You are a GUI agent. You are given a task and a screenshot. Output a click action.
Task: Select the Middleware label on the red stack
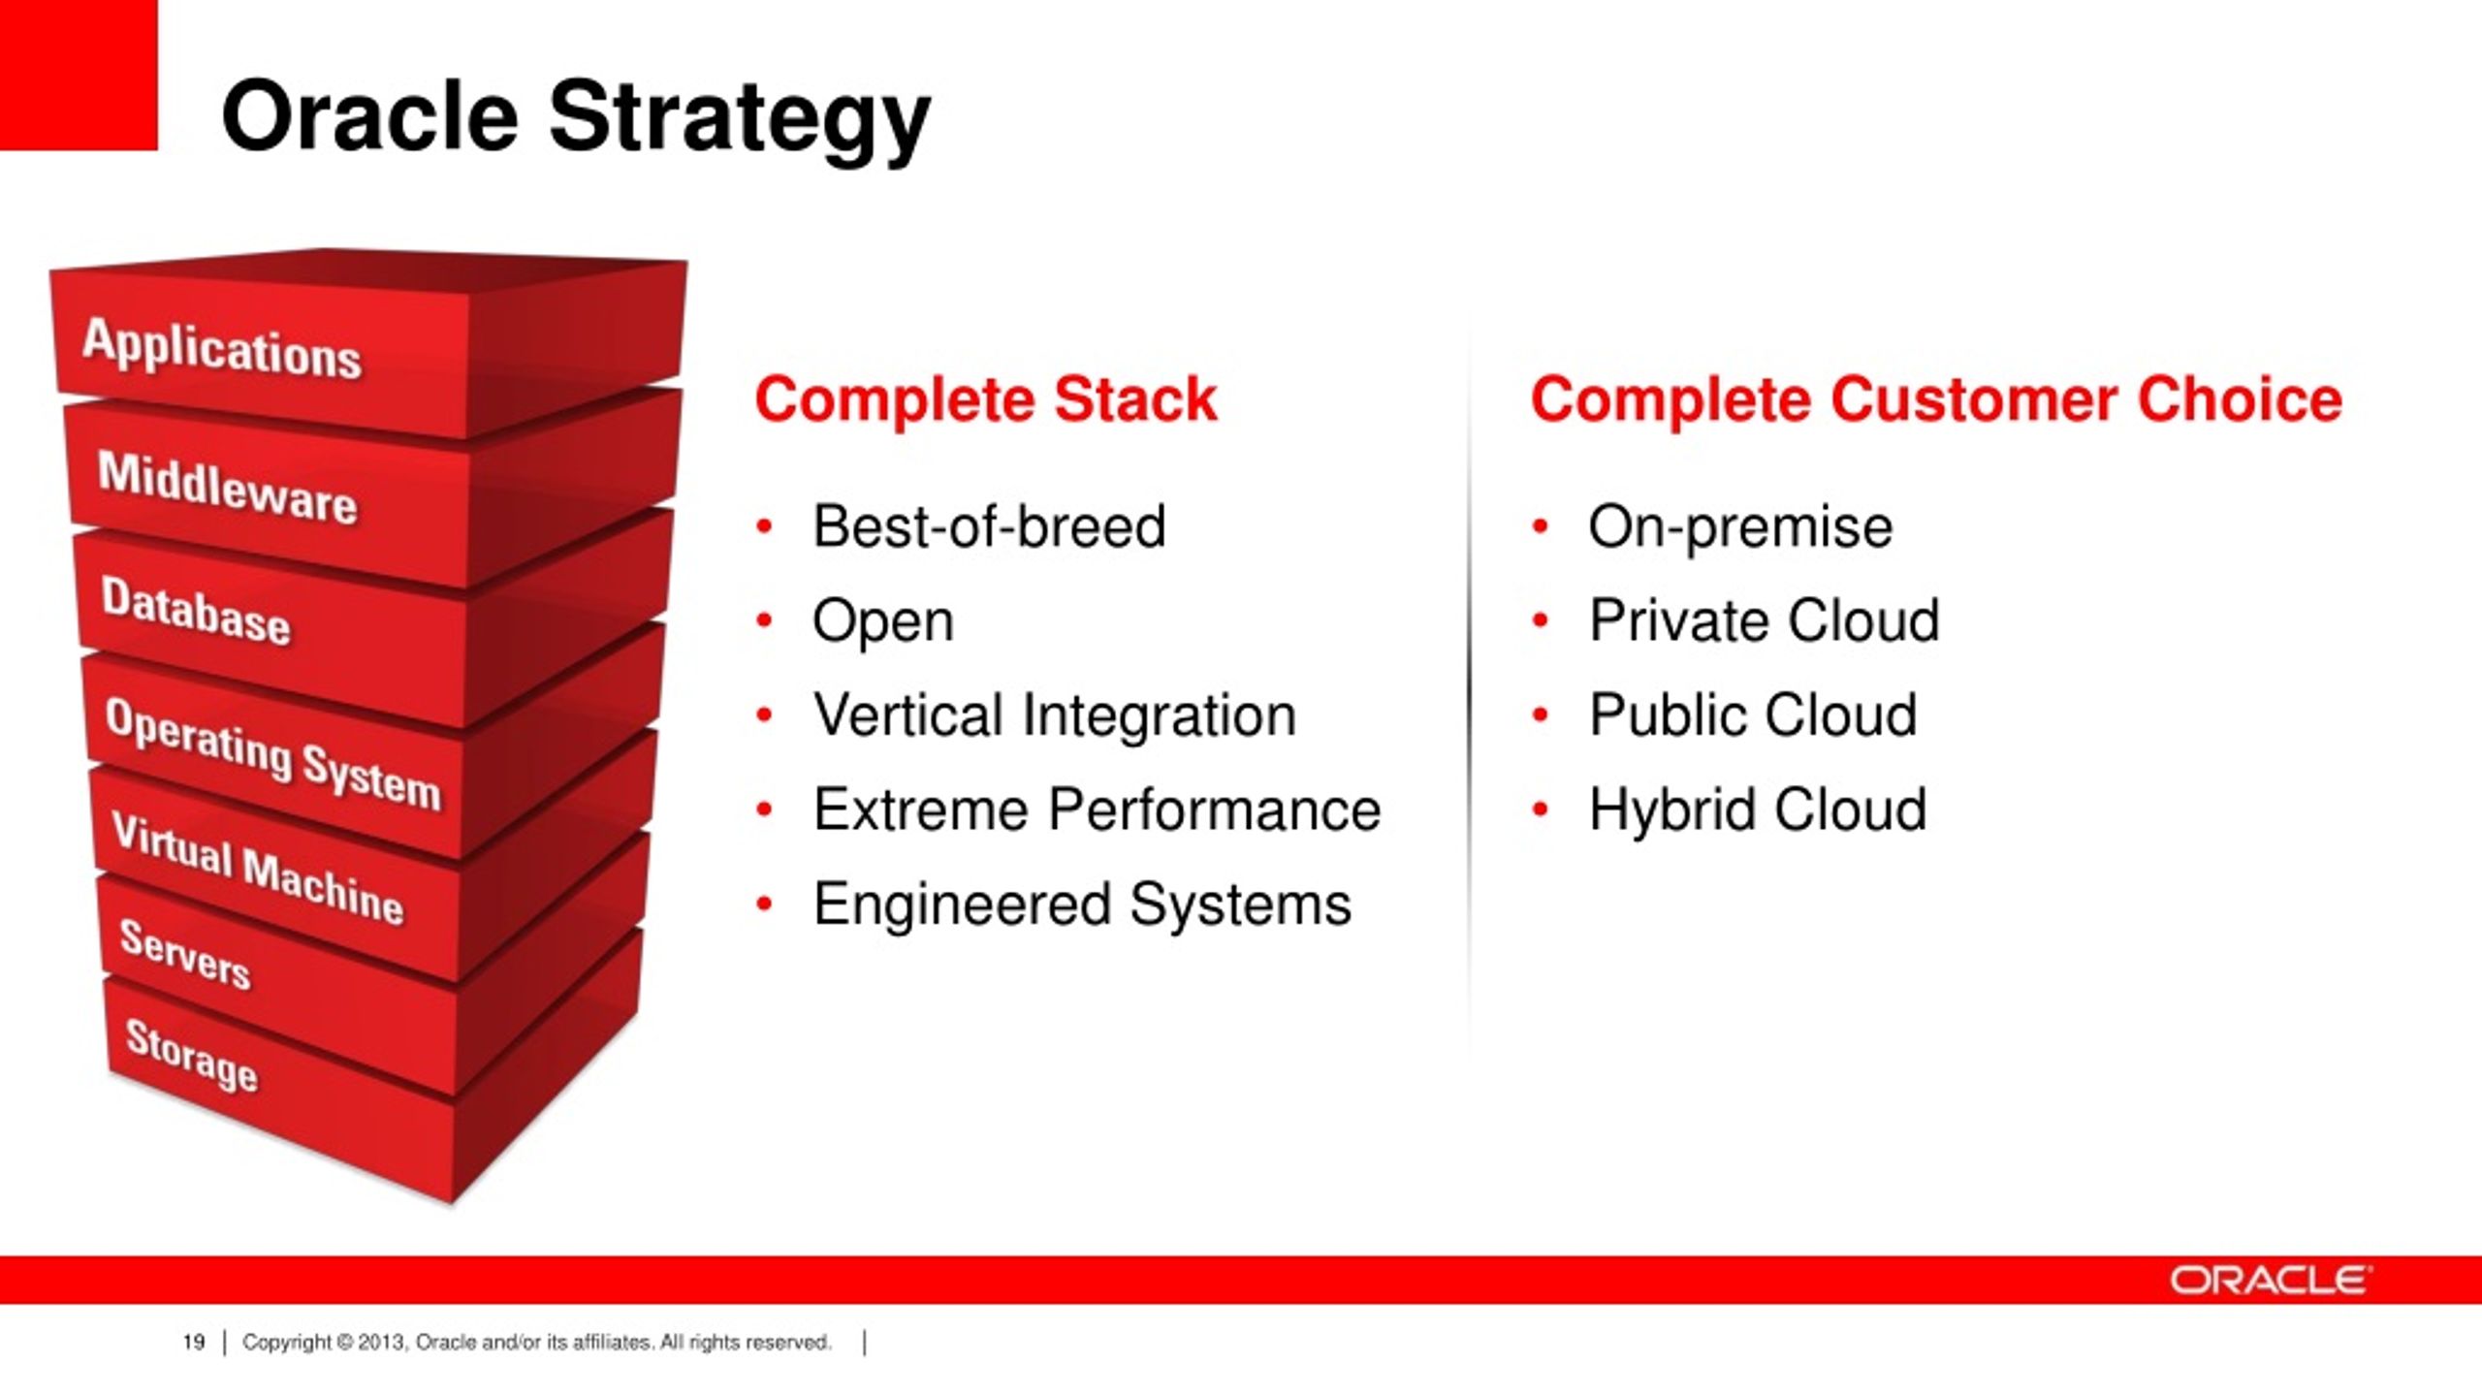point(227,489)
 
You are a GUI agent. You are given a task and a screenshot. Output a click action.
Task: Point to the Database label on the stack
point(196,611)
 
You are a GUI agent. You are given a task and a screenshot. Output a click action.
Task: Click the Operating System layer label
point(272,753)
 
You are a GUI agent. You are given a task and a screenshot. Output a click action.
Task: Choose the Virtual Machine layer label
point(257,869)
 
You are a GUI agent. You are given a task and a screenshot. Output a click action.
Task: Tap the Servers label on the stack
point(184,954)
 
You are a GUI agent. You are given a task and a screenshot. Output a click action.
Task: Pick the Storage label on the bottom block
point(192,1055)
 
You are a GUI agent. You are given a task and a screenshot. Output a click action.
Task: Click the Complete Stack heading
point(985,399)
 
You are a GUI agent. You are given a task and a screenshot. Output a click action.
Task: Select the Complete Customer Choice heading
point(1936,399)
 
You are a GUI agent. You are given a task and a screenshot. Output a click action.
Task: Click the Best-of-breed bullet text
point(989,526)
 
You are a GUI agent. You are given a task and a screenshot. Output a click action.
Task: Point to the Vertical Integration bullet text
point(1054,715)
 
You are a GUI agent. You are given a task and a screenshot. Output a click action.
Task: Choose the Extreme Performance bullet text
point(1097,809)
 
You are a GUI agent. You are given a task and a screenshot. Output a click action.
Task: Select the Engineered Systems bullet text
point(1082,905)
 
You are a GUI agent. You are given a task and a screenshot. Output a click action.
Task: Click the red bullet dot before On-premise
point(1540,526)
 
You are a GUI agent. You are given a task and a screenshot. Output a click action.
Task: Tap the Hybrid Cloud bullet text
point(1757,810)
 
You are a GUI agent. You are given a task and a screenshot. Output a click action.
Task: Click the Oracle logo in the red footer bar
point(2270,1281)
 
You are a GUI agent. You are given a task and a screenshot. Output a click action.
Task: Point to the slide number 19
point(194,1342)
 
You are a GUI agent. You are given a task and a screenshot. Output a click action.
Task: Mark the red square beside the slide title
point(79,75)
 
